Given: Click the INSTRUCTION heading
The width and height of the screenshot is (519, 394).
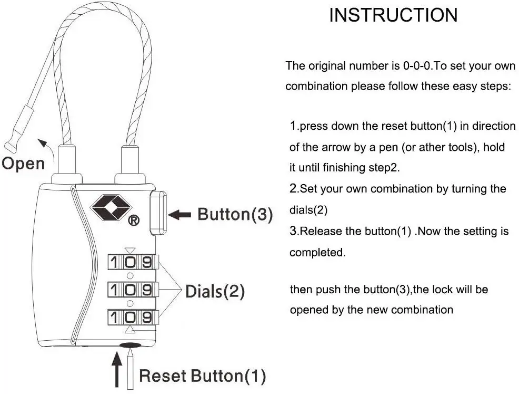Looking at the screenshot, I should pos(393,15).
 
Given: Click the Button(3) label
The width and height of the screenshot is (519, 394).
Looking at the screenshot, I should pos(235,214).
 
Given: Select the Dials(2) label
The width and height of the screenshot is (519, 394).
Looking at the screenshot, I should pos(215,291).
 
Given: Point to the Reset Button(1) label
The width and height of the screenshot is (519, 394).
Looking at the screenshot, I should pos(202,376).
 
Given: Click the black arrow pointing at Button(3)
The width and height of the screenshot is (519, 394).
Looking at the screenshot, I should pos(180,214).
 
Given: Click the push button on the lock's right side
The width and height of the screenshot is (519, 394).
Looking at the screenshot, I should pos(158,213).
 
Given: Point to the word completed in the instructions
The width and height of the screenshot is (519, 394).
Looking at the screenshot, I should pos(317,252).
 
